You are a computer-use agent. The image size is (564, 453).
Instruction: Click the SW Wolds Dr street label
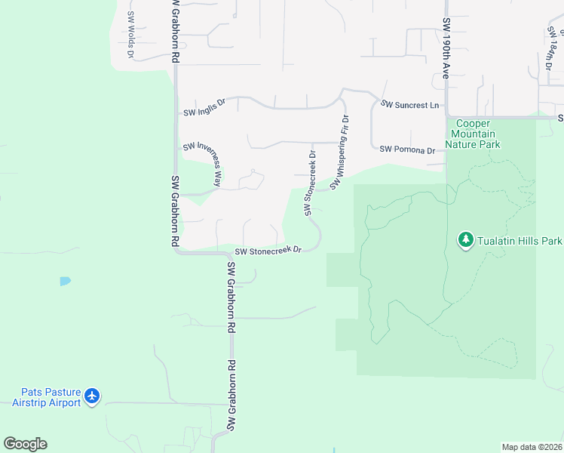(131, 35)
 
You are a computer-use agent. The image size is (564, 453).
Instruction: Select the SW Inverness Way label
(201, 162)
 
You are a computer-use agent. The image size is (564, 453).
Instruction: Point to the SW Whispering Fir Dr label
(340, 151)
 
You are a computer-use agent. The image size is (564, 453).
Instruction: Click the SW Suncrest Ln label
(409, 105)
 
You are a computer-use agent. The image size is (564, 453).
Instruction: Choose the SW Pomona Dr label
(407, 149)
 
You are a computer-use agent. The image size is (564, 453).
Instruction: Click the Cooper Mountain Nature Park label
(473, 134)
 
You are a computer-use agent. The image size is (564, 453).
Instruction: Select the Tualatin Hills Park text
(520, 242)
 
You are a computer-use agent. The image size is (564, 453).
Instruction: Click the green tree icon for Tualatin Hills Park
(465, 240)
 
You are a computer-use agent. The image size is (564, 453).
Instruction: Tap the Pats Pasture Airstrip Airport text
(46, 397)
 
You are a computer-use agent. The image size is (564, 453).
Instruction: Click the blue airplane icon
(93, 396)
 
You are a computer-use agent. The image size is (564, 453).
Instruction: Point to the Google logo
(25, 444)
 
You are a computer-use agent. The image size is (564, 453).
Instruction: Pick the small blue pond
(66, 281)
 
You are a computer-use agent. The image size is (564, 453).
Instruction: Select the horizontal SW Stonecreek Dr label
(268, 251)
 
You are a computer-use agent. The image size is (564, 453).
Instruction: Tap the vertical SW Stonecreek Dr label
(310, 183)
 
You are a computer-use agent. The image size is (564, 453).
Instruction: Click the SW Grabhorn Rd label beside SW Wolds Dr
(175, 31)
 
